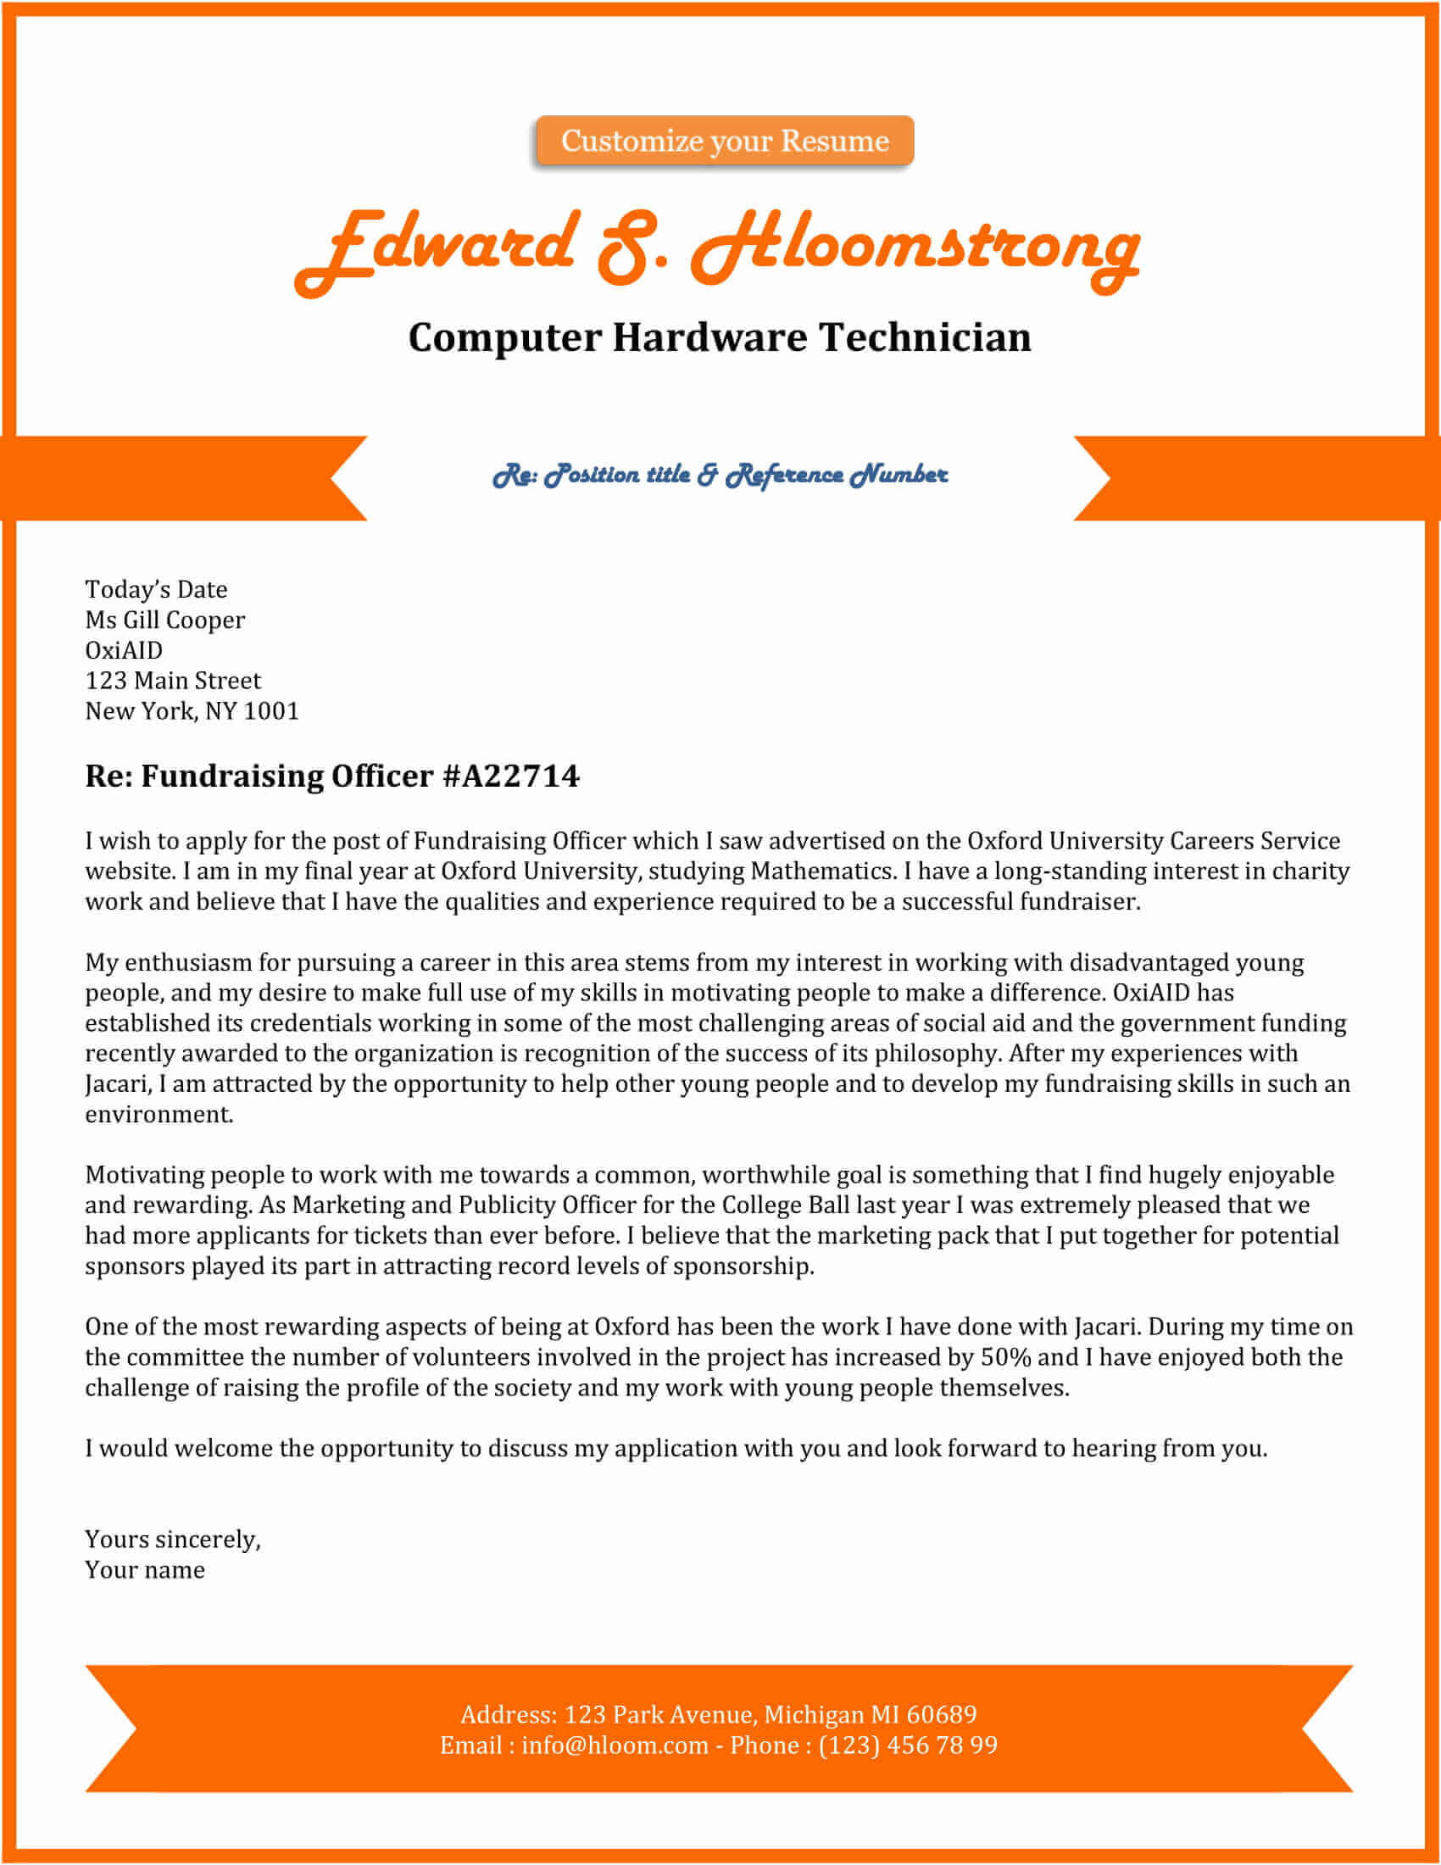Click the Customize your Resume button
[725, 141]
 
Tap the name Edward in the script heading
[436, 248]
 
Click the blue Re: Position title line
[720, 475]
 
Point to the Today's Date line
[156, 589]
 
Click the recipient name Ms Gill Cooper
[164, 620]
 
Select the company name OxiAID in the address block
[124, 650]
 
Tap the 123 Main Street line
[173, 681]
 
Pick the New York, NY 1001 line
[192, 711]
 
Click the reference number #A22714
[511, 776]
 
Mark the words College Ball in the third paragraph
[787, 1205]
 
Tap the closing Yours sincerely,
[172, 1539]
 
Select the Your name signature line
[145, 1569]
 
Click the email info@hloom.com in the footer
[615, 1745]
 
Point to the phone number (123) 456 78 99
[908, 1745]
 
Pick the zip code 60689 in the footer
[941, 1714]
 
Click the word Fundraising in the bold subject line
[232, 776]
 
